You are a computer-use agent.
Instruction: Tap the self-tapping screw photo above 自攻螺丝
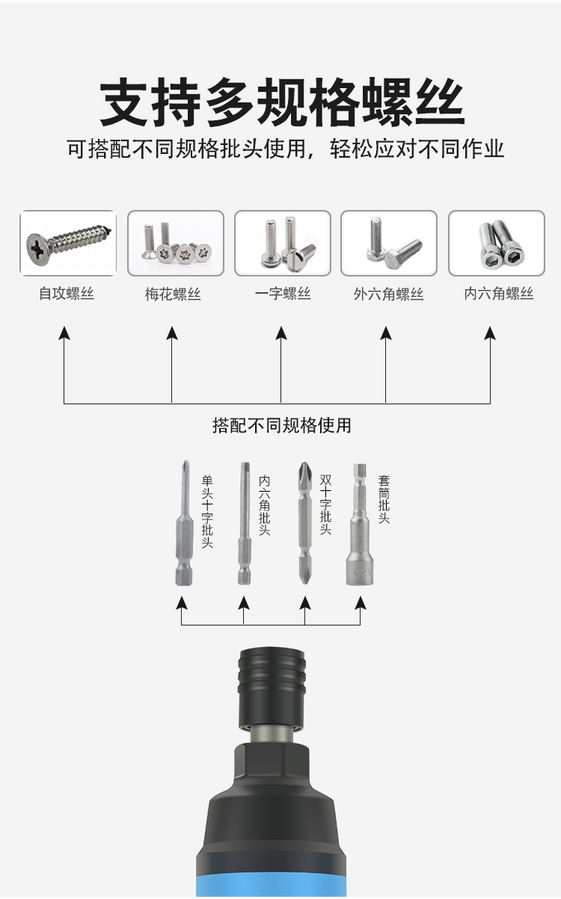68,244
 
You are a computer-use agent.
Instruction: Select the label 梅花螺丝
173,294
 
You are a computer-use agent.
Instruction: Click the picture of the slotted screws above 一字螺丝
283,244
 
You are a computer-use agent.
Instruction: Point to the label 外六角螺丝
388,294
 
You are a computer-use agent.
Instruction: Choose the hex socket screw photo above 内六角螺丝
497,244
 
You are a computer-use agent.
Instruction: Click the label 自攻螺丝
67,294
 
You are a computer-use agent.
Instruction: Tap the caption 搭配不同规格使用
281,426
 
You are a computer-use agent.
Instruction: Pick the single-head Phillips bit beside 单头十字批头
183,523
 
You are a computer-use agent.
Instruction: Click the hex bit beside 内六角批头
244,523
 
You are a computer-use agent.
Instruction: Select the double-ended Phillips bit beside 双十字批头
304,523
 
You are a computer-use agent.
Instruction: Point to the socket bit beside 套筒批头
359,523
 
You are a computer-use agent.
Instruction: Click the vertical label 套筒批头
384,499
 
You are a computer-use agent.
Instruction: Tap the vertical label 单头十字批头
207,512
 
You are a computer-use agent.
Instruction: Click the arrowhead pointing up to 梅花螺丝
172,333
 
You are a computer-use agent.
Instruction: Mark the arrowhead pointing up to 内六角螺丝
490,333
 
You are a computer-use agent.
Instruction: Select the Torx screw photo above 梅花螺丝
176,244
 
